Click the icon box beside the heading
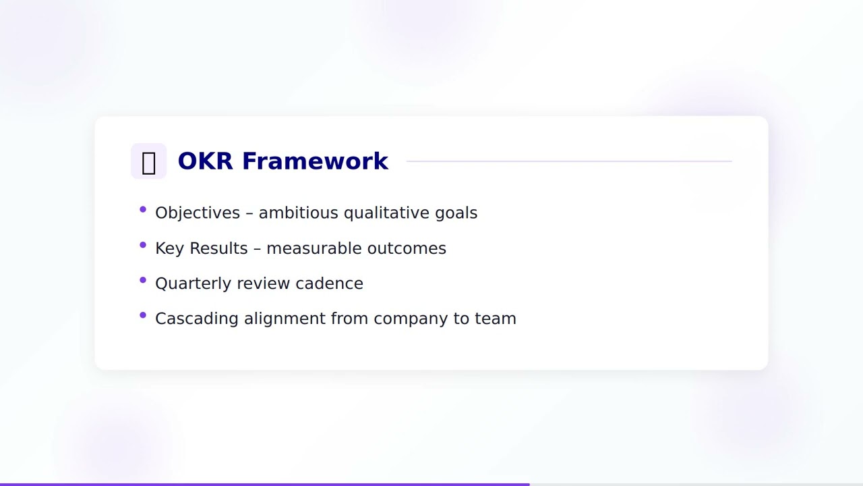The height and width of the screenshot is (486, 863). (148, 161)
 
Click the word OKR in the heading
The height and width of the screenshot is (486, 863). (206, 161)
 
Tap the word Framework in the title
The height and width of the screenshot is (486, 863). (315, 161)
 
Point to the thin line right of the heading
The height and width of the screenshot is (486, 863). (569, 161)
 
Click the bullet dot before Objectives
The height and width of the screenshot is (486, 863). (143, 210)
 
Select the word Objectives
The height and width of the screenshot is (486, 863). (198, 213)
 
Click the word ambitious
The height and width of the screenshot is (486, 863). (299, 213)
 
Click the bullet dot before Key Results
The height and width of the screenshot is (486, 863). (143, 245)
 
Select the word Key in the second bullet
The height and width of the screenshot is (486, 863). (169, 248)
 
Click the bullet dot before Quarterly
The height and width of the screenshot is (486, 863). (143, 280)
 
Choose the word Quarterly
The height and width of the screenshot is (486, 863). (194, 283)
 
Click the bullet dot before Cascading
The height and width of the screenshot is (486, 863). (143, 315)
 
